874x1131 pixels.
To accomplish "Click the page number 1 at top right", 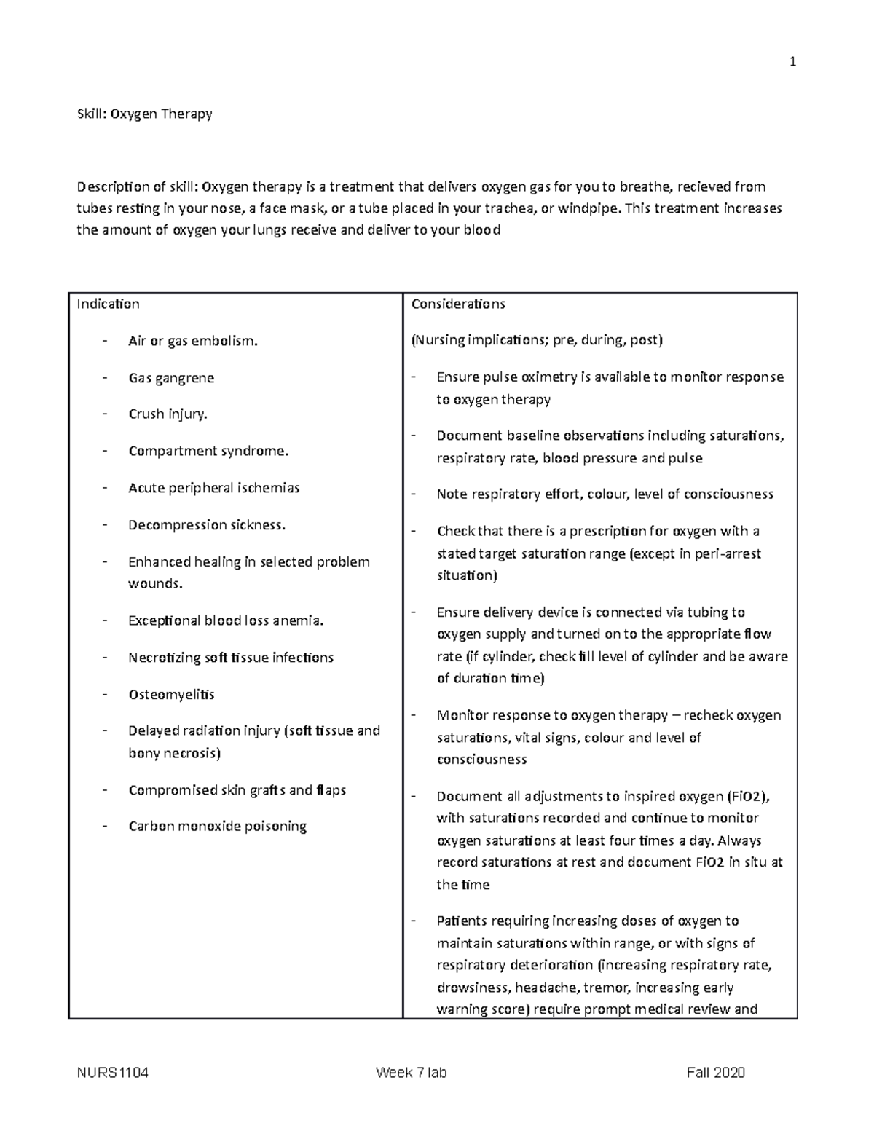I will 792,62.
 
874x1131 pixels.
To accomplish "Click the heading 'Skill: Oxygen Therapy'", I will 145,114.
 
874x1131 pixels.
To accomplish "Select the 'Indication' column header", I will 108,304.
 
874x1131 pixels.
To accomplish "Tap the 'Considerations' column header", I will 458,304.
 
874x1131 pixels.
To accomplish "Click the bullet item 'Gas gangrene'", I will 171,378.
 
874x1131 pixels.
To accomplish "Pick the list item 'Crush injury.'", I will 168,414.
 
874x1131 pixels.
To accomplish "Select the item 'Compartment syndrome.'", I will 208,451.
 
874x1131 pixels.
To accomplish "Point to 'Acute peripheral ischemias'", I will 213,488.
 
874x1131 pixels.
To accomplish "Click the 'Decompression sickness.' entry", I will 207,525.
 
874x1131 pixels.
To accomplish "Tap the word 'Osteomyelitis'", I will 171,694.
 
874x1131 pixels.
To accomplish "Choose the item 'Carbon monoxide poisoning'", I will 217,827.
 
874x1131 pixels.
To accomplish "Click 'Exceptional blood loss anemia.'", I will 226,620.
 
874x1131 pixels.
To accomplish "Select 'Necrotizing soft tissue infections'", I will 231,658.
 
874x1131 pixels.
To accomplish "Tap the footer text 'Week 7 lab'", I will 412,1073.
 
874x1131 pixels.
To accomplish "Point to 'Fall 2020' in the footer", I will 715,1073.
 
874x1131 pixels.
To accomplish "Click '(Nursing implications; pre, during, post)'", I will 537,340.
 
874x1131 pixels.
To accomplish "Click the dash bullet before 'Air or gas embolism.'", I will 106,340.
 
